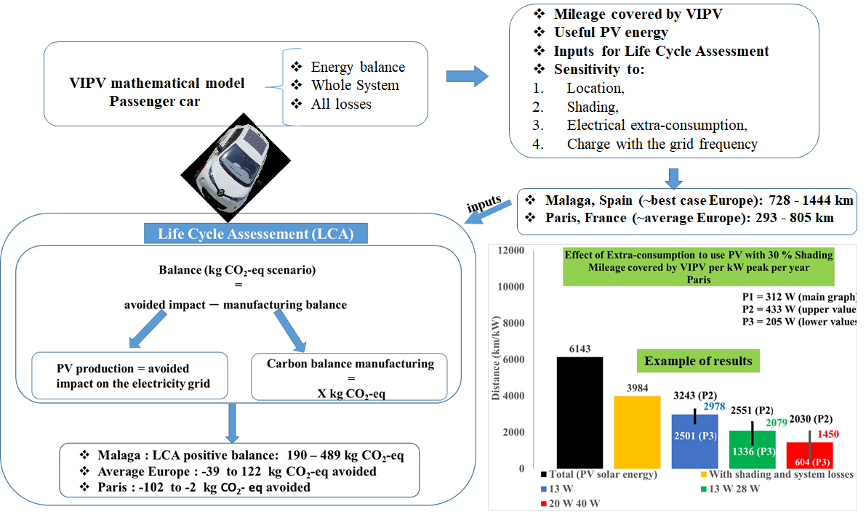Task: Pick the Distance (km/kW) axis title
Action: pyautogui.click(x=497, y=359)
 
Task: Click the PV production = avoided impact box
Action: pyautogui.click(x=131, y=376)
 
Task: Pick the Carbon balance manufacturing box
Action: pyautogui.click(x=348, y=376)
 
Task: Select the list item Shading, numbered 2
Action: pyautogui.click(x=593, y=107)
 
